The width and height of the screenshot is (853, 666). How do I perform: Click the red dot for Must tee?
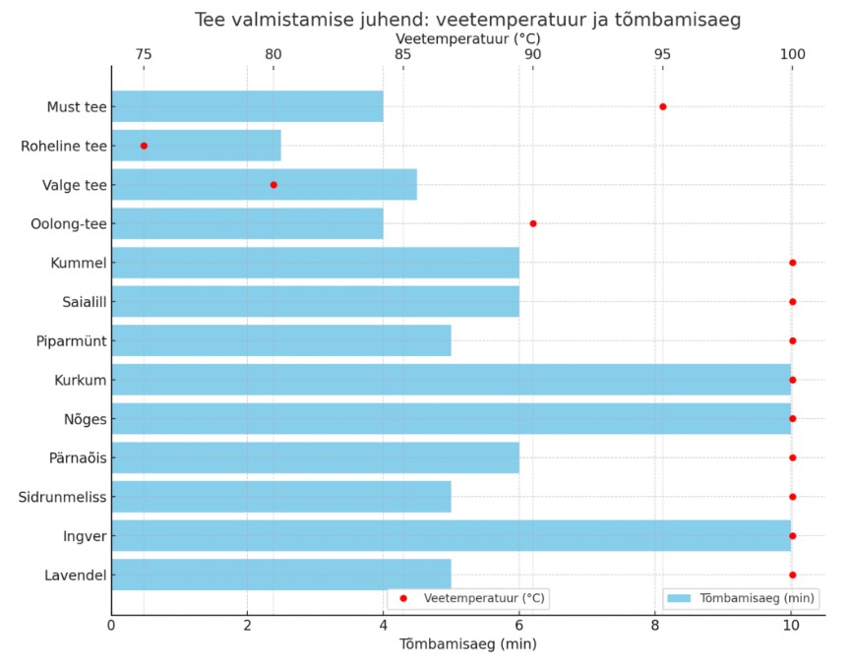pos(662,106)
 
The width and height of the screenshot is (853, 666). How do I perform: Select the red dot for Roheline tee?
pos(144,146)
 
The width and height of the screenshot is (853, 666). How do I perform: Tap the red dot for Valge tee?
pos(274,185)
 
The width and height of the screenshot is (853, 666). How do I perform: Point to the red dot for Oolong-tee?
pos(533,223)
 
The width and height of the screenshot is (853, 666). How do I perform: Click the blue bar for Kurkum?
pos(451,380)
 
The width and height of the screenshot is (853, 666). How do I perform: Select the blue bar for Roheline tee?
pos(196,146)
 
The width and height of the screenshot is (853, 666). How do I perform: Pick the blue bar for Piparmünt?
pos(280,340)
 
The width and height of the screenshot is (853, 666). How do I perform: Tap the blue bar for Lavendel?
pos(280,575)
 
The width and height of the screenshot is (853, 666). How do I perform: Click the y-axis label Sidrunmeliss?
pos(62,497)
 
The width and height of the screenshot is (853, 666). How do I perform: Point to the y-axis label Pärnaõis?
pos(77,457)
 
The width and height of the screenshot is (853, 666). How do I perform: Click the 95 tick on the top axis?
pos(663,54)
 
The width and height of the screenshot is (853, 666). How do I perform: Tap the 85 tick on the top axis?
pos(402,54)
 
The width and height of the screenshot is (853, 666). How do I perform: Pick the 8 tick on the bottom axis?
pos(655,623)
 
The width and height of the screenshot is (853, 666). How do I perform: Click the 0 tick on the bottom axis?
pos(111,623)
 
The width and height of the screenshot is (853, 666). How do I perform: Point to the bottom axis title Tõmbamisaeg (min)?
pos(467,644)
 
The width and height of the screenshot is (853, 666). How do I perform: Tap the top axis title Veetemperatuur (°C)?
pos(467,37)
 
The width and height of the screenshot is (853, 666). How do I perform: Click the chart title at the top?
pos(467,20)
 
